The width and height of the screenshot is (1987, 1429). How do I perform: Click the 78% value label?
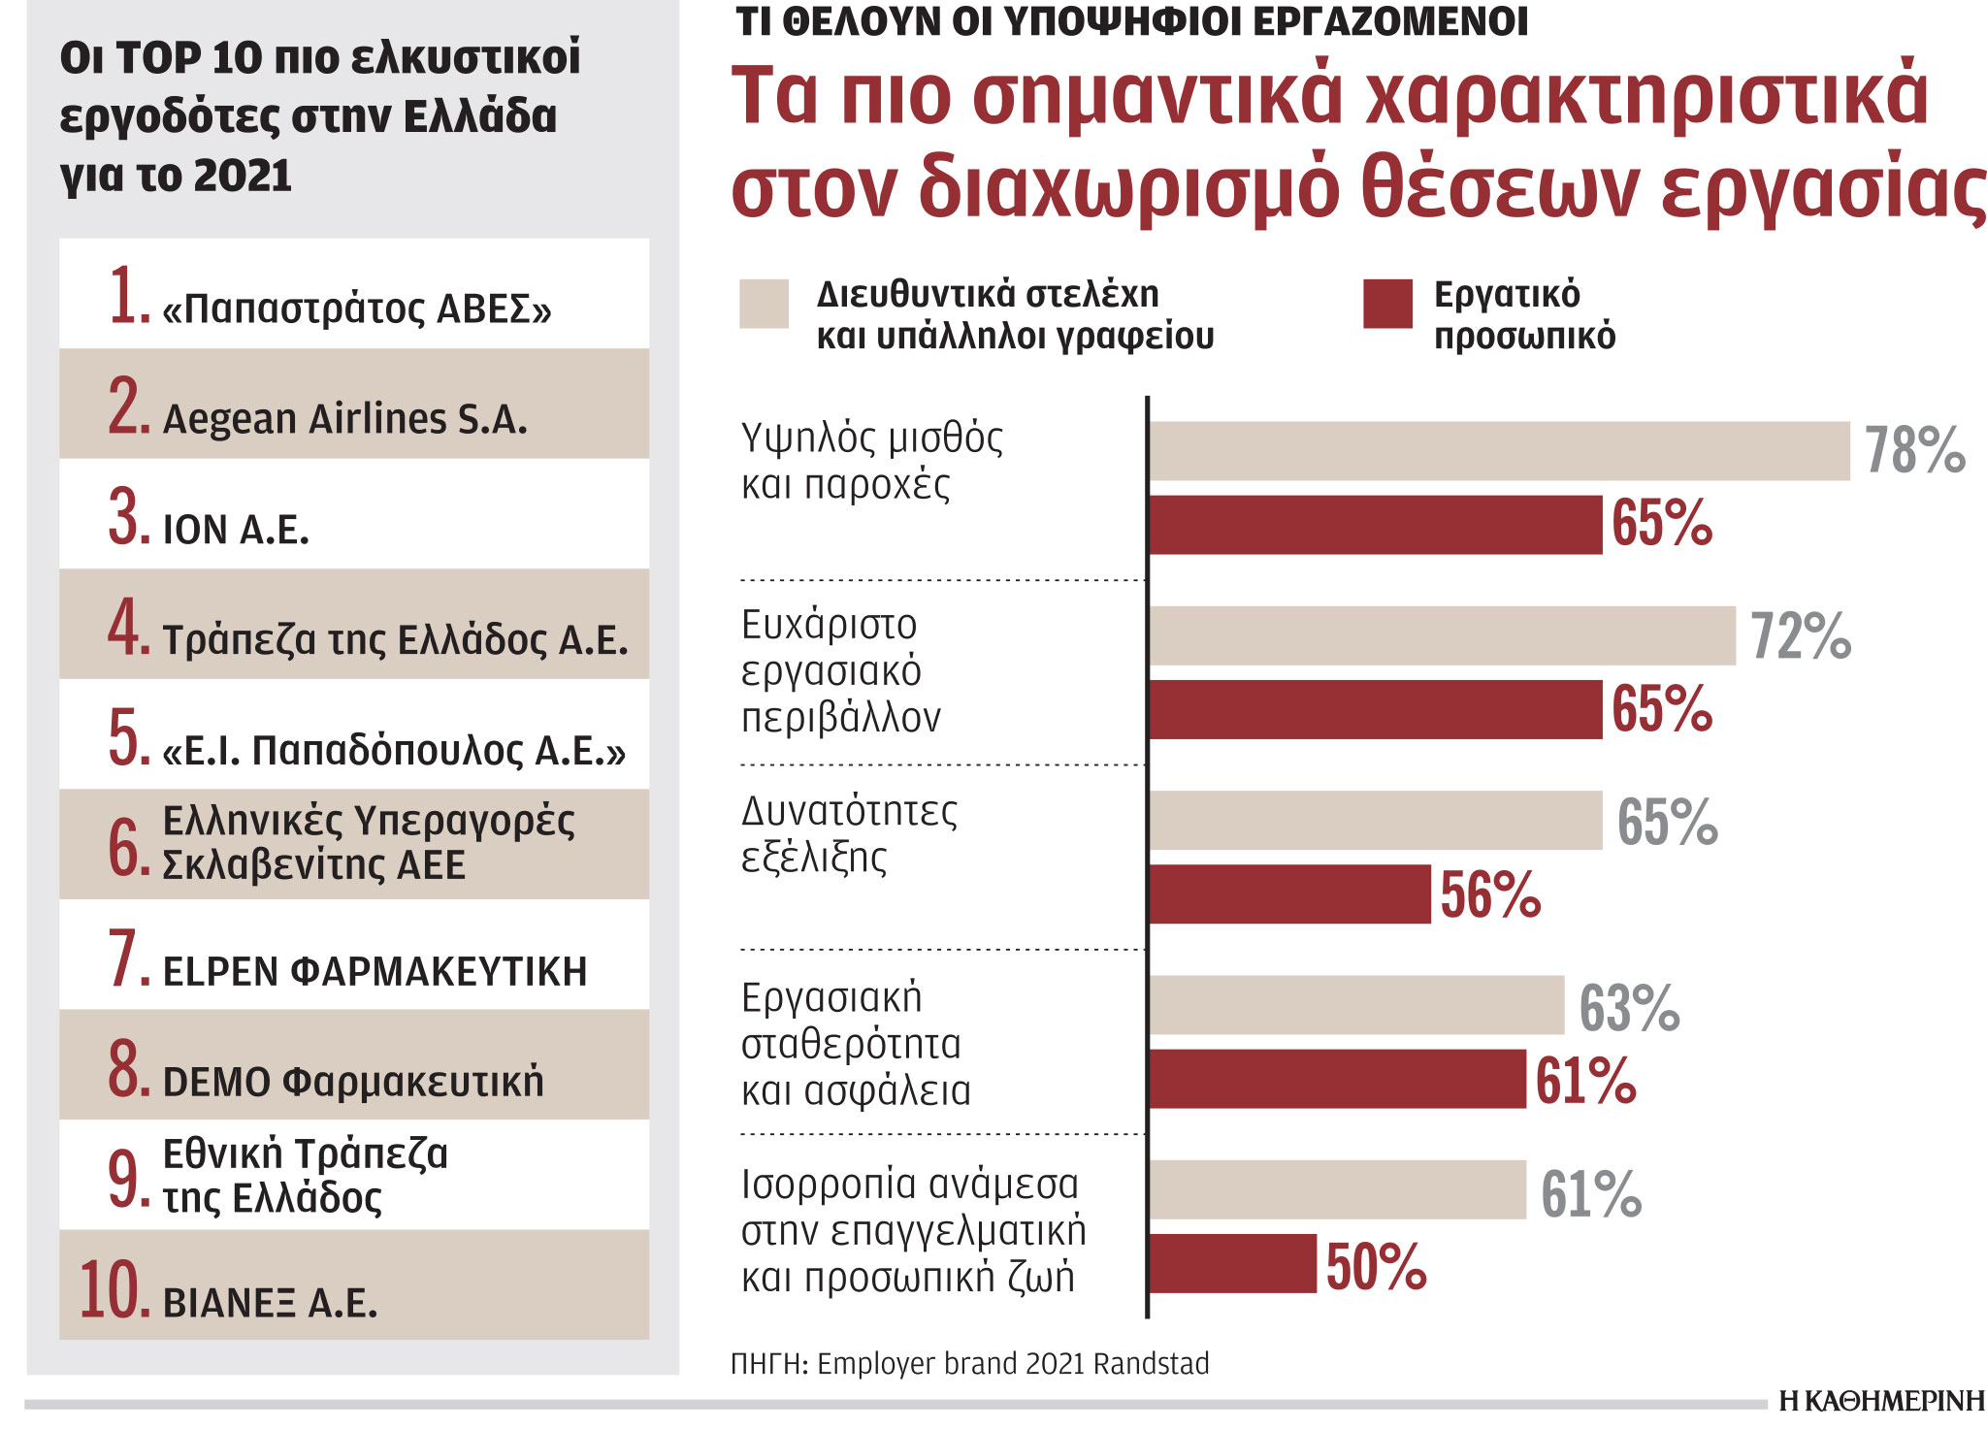coord(1914,451)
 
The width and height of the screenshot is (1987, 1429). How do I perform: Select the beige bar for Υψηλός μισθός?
coord(1499,451)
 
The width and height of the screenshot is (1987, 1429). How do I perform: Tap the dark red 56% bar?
coord(1289,894)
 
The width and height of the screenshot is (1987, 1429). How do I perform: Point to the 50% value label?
coord(1376,1267)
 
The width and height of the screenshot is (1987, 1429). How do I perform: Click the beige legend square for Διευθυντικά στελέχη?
coord(764,304)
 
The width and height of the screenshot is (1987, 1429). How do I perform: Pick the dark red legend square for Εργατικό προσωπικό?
coord(1387,304)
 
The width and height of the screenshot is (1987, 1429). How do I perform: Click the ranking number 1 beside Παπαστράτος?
coord(128,296)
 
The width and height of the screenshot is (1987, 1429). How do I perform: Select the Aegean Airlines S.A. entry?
coord(344,419)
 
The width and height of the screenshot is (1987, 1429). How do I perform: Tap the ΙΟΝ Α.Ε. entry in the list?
coord(236,530)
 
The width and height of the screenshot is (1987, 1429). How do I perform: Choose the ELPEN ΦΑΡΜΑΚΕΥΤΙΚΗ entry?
coord(375,971)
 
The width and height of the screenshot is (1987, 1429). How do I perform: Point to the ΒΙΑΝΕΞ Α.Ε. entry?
coord(270,1303)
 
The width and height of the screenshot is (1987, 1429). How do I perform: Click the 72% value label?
coord(1801,636)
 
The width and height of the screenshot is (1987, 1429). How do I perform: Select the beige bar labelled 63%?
coord(1356,1005)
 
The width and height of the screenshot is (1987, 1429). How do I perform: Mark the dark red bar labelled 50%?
coord(1232,1264)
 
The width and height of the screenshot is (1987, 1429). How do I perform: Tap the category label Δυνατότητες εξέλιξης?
coord(848,834)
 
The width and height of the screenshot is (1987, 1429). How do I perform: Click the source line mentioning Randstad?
coord(969,1364)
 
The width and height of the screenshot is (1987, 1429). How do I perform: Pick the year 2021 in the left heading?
coord(243,177)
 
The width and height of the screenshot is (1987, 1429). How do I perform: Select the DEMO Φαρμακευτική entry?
coord(352,1082)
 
